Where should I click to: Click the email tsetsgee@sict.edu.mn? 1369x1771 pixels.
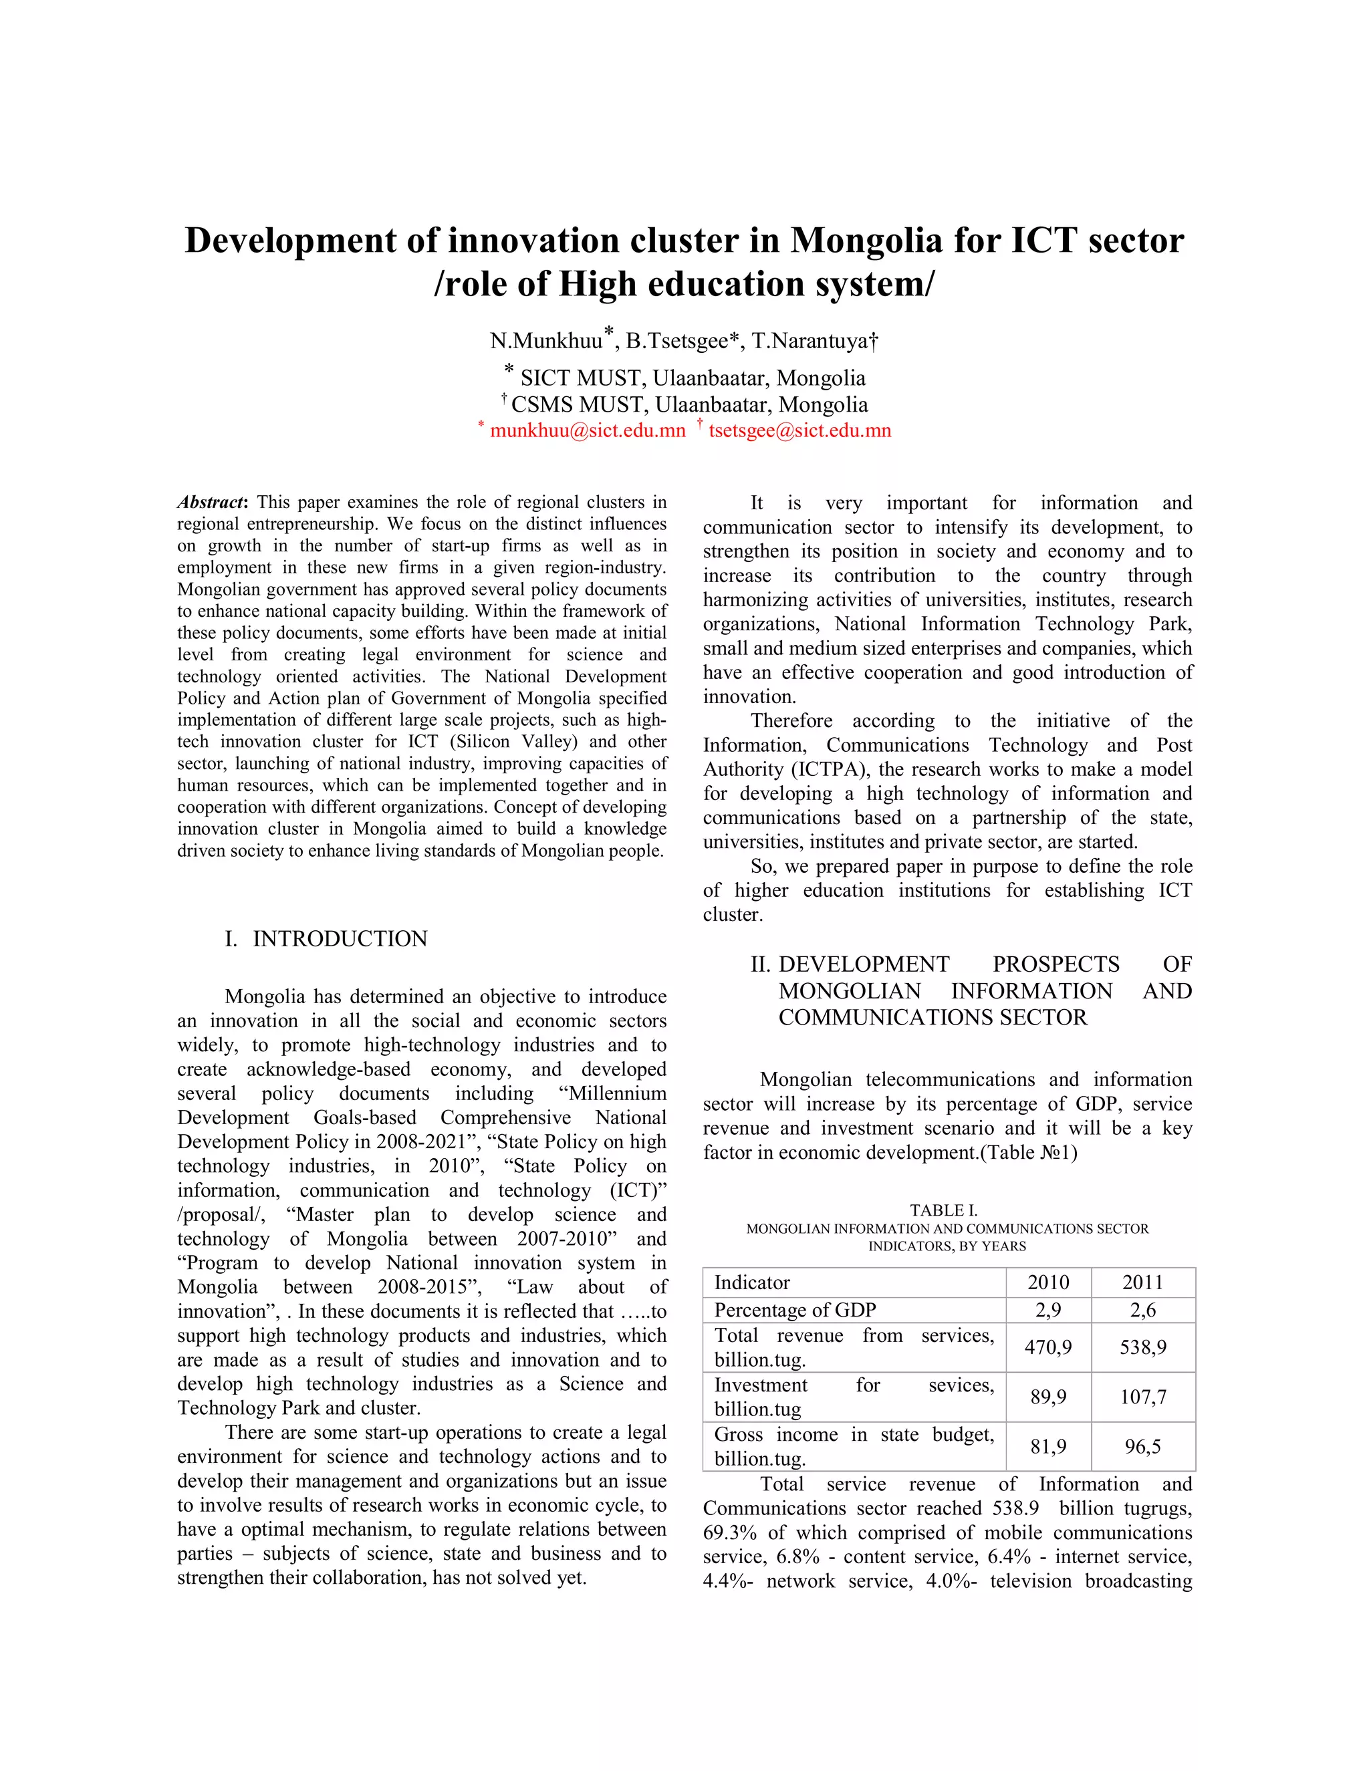click(799, 430)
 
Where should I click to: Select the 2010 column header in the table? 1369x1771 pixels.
click(1048, 1282)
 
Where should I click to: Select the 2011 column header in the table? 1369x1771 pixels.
click(1142, 1282)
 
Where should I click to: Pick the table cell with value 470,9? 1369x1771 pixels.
click(1048, 1347)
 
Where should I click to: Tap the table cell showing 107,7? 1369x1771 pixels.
click(1142, 1396)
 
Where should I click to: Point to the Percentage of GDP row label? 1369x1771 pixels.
click(795, 1310)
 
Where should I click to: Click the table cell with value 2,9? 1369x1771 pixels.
click(1048, 1310)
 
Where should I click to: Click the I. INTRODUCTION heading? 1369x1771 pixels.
click(326, 938)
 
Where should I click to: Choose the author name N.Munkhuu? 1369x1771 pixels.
click(547, 341)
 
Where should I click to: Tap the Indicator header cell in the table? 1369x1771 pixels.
click(752, 1282)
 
